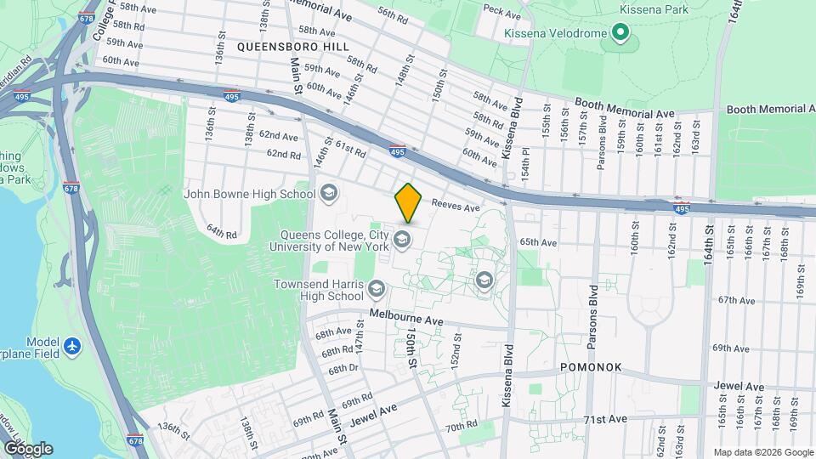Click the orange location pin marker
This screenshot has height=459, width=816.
(x=409, y=202)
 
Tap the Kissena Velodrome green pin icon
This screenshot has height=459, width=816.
(x=621, y=35)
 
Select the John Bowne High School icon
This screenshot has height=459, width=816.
(x=328, y=194)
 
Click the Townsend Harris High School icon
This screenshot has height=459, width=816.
(x=376, y=291)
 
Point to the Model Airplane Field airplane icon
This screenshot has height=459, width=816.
(x=74, y=346)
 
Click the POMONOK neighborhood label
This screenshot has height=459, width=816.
(x=591, y=368)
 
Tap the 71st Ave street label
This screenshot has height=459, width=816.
(x=604, y=419)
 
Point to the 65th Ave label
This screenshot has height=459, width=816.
(x=538, y=242)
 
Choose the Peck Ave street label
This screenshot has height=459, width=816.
(x=501, y=14)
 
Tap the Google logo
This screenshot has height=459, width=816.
(x=27, y=449)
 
